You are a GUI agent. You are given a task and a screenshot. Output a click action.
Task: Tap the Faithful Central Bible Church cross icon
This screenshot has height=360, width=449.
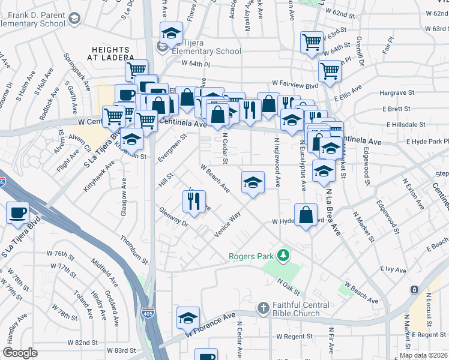(262, 308)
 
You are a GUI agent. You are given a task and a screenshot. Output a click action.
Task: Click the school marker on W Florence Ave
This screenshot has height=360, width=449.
(188, 317)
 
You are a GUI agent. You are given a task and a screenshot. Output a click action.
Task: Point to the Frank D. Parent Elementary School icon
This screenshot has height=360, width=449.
(74, 19)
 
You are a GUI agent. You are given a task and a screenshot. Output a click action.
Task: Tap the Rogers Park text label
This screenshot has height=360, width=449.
(251, 257)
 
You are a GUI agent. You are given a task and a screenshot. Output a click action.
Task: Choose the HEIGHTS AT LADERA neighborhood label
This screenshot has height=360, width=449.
(113, 53)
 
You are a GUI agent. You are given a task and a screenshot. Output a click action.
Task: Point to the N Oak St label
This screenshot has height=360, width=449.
(289, 286)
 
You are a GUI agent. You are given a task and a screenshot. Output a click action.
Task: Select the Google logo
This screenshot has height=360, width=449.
(20, 353)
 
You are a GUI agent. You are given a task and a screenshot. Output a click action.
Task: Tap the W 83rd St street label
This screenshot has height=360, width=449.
(122, 350)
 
